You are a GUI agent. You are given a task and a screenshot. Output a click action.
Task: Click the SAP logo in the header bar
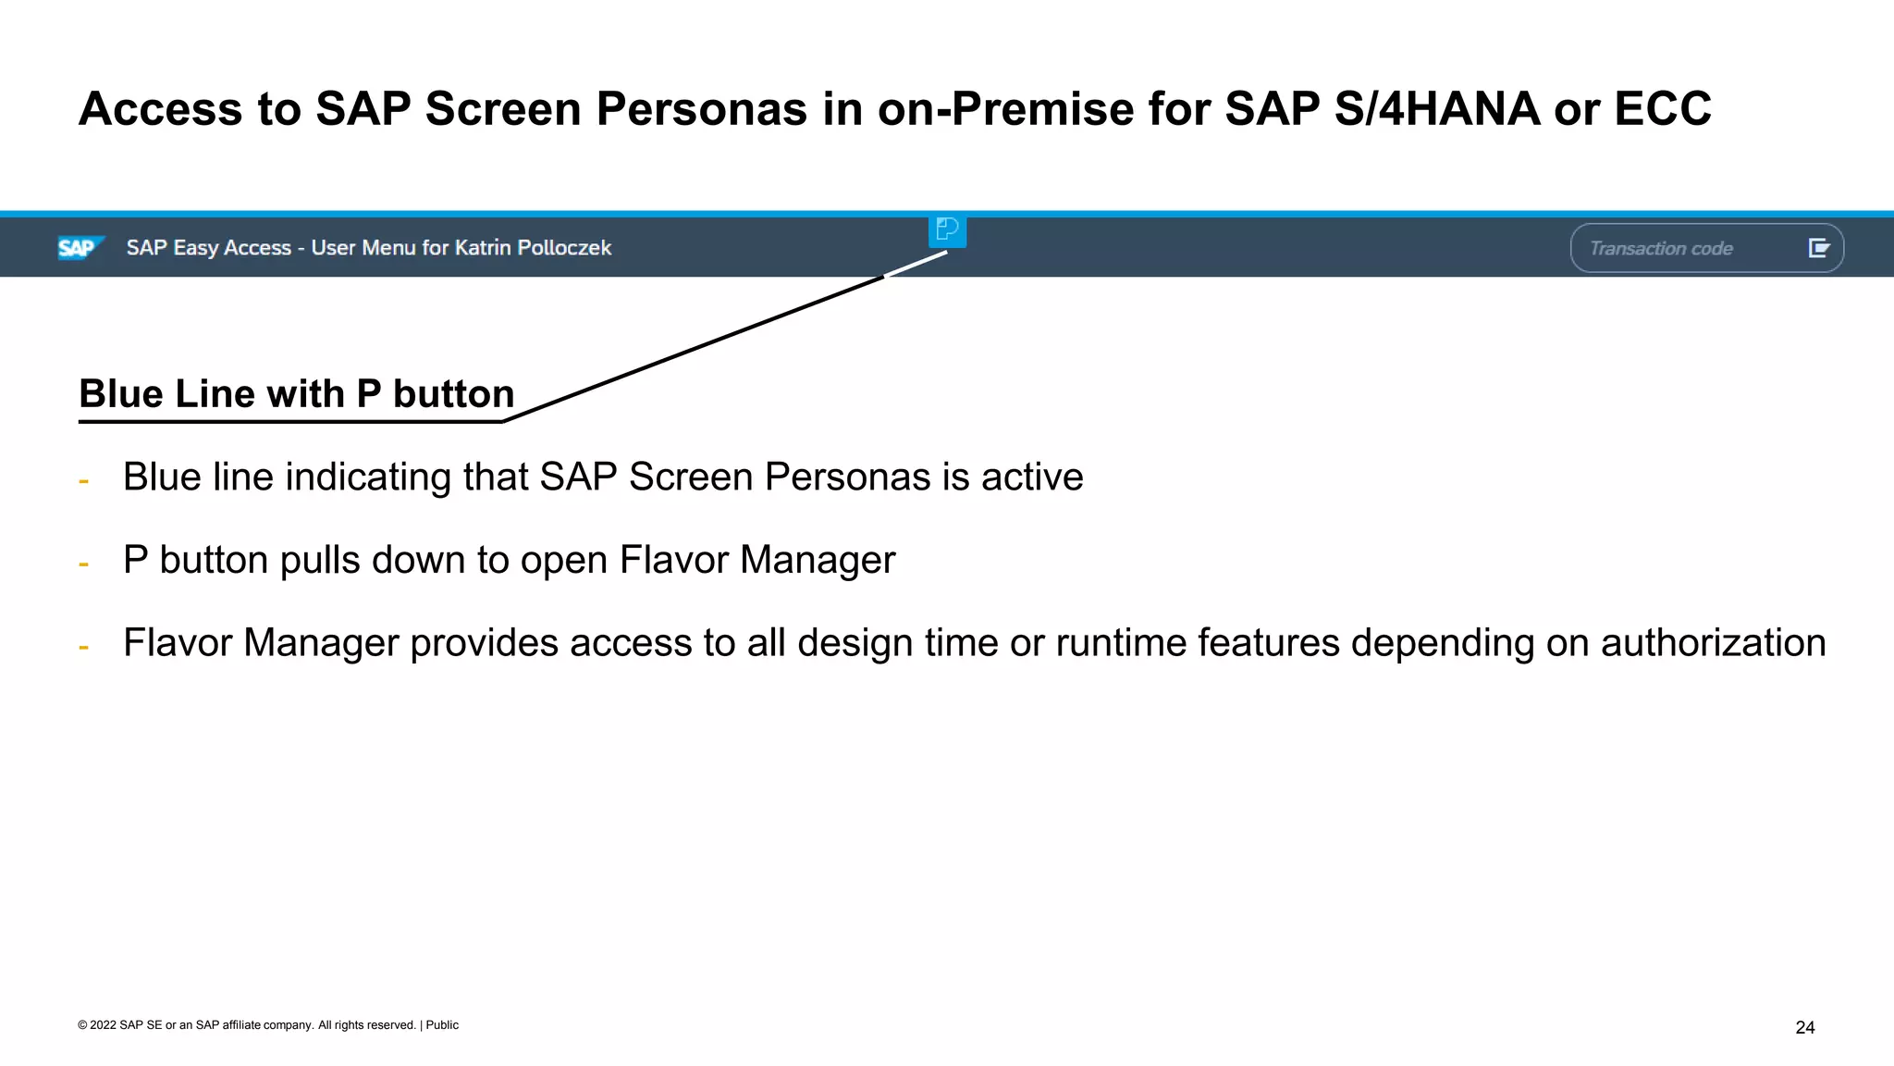(80, 248)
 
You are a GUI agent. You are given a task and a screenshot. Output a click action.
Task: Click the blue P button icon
(947, 229)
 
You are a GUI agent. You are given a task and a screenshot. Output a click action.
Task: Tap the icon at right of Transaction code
(1818, 248)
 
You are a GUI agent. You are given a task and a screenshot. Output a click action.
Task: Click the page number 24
(1804, 1027)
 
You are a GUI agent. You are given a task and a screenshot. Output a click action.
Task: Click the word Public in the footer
(442, 1025)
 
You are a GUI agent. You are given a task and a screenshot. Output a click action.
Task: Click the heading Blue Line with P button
(296, 394)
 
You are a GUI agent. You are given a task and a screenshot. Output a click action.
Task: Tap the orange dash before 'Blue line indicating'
(84, 481)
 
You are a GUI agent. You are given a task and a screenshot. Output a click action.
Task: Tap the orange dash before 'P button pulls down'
(84, 564)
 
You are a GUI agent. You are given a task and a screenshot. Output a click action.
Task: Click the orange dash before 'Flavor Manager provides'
(84, 648)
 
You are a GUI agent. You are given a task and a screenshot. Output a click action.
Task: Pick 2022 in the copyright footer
(103, 1025)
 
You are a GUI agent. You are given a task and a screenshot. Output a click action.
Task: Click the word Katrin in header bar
(483, 248)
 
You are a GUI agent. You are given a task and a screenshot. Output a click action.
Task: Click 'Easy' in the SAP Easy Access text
(195, 248)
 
